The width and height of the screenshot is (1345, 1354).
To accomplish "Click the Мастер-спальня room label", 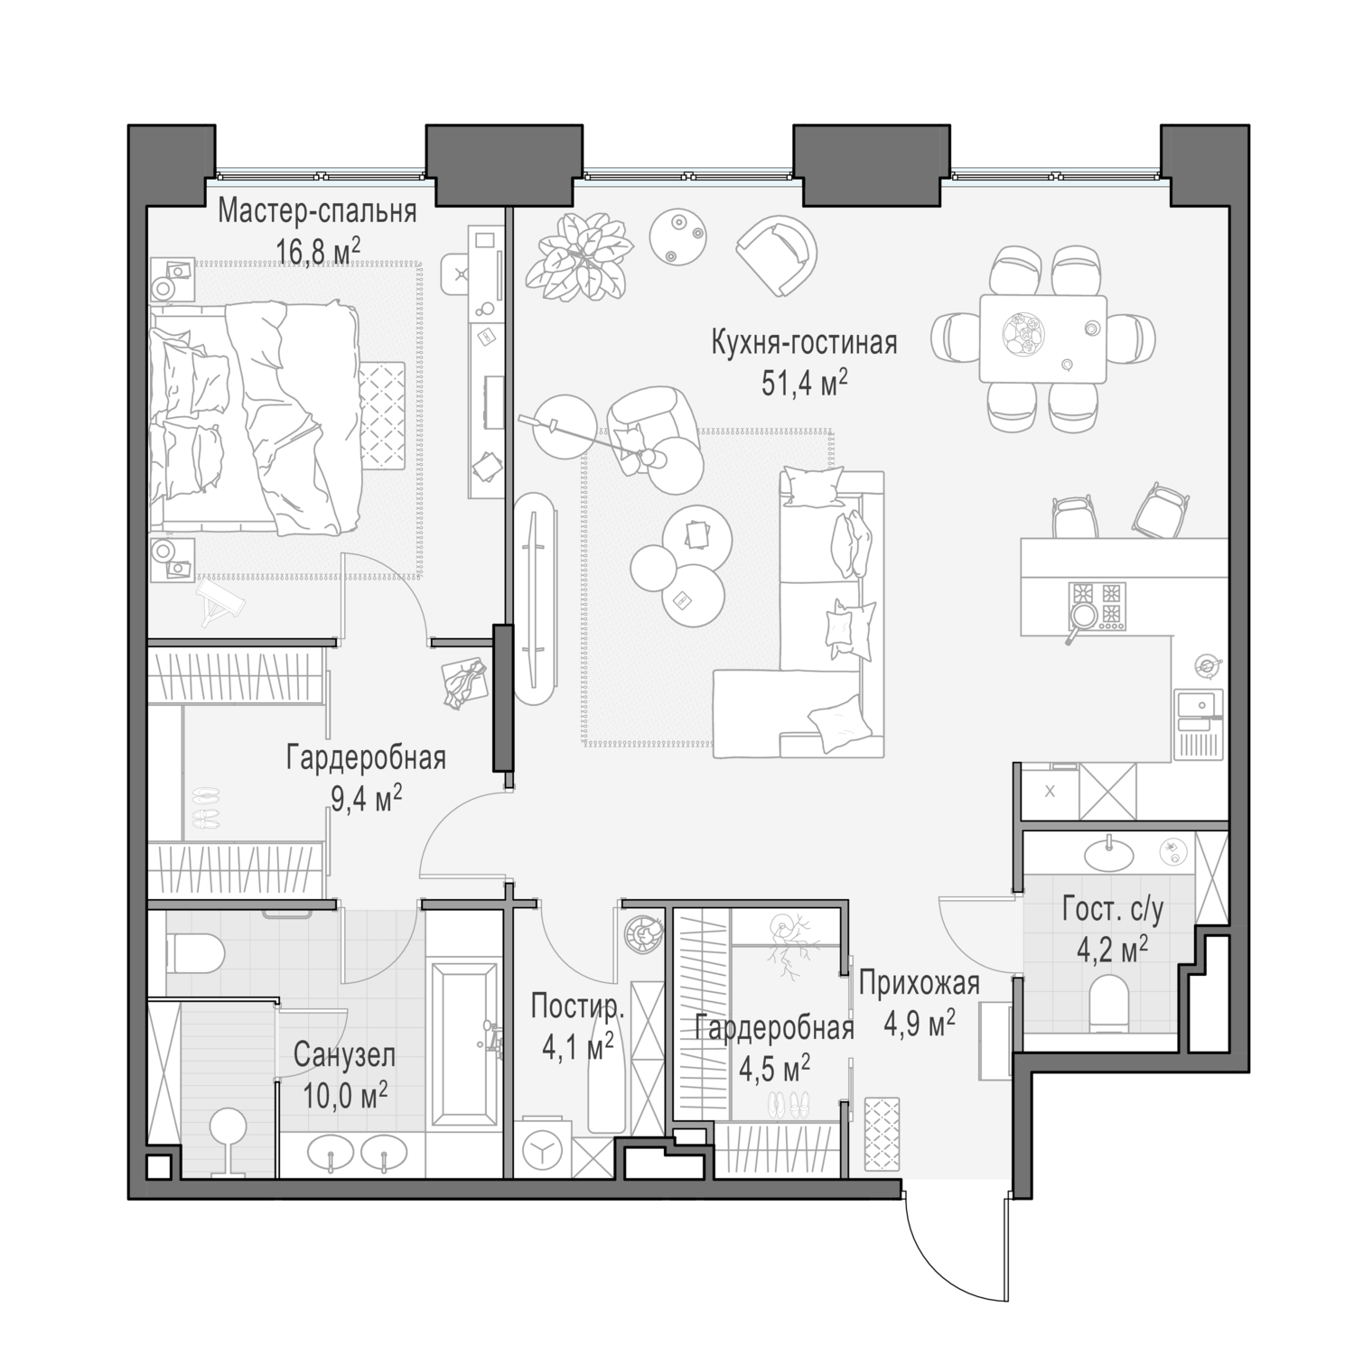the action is (x=317, y=211).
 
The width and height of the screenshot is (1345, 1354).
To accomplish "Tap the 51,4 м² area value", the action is (x=804, y=384).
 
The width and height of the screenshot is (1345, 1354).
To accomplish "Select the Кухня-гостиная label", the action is (x=804, y=344).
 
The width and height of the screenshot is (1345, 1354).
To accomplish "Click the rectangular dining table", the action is (x=1042, y=338).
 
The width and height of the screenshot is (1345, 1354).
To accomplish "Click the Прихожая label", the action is (x=920, y=983).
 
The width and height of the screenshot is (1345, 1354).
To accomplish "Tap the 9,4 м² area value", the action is (x=366, y=800).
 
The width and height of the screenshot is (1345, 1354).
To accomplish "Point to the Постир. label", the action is (x=577, y=1005).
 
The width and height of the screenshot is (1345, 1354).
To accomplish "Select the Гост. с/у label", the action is (x=1112, y=909).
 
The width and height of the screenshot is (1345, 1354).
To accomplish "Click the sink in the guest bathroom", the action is (x=1108, y=850).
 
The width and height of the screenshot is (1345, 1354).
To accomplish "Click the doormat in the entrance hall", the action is (x=883, y=1134).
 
